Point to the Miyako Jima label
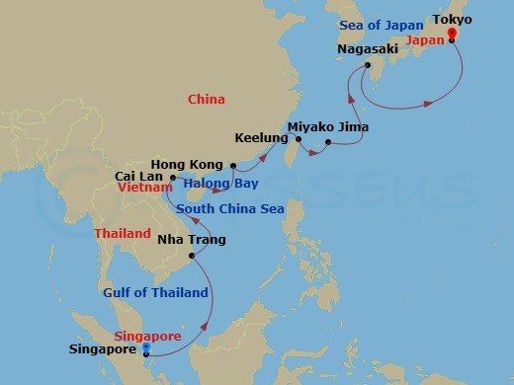coord(327,128)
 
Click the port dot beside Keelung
coord(298,139)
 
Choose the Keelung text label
coord(262,138)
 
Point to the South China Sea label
coord(229,209)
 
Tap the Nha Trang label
coord(192,240)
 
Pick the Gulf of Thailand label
coord(156,292)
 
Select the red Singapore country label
coord(149,336)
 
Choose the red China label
coord(206,100)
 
